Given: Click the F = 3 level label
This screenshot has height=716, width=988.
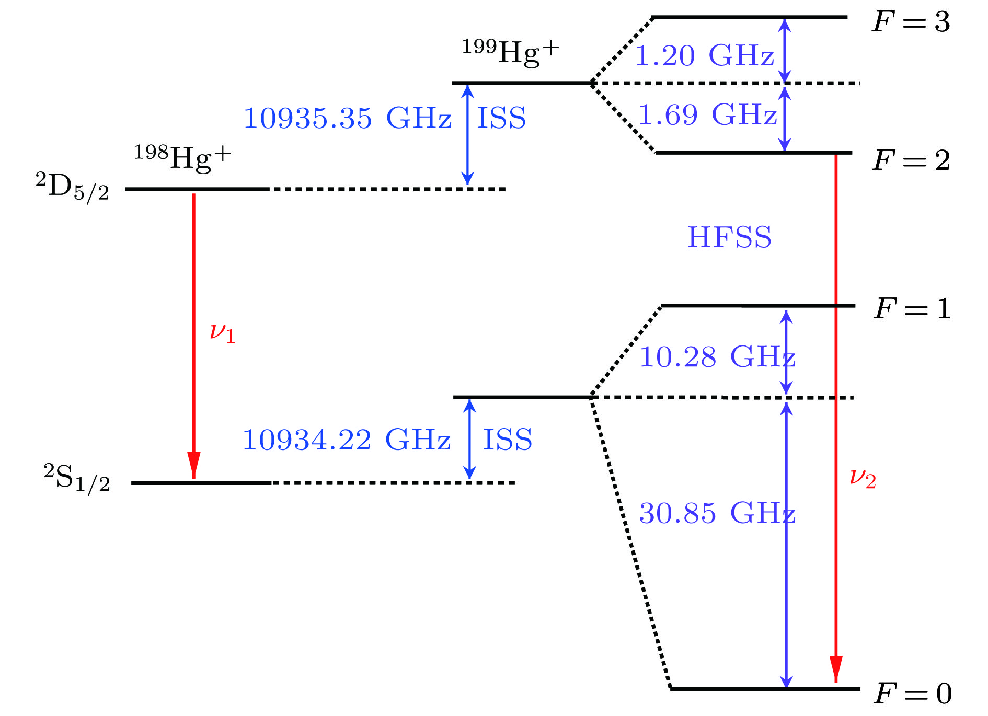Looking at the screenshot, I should (911, 22).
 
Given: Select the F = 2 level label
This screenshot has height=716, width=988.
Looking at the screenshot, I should (911, 160).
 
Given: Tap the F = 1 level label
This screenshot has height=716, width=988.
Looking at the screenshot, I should (912, 308).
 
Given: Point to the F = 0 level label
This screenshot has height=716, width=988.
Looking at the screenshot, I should (913, 694).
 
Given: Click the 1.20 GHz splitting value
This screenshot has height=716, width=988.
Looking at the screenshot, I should (704, 55).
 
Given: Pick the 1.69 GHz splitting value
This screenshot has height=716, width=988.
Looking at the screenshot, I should (707, 114).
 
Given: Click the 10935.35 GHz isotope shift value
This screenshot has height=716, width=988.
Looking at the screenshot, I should (348, 118).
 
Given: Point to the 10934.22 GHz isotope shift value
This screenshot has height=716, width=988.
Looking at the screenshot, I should (347, 440).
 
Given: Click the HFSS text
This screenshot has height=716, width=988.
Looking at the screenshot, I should (729, 237).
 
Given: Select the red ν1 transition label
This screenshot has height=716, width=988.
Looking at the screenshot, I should (222, 333).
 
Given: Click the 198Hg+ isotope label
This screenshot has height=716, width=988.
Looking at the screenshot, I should (182, 157).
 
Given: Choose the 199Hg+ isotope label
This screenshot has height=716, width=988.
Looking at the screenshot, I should (510, 52).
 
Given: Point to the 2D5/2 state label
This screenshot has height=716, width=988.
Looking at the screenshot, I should (73, 187).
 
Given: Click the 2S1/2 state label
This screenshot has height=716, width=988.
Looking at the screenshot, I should (77, 478).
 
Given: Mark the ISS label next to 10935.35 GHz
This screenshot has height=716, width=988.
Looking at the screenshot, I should (501, 118).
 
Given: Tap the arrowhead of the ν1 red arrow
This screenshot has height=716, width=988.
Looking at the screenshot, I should (194, 464).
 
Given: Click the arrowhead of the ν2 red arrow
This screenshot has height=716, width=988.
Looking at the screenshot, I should (836, 668).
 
